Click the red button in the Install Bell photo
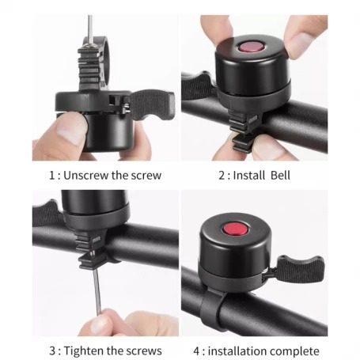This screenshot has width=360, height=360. point(251,47)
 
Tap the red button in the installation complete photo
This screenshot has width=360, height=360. point(236,229)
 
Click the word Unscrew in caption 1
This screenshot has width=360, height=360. point(85,176)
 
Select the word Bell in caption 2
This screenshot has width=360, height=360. point(280,176)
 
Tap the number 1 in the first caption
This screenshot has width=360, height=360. point(52,176)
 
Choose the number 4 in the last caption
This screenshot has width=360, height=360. point(197,351)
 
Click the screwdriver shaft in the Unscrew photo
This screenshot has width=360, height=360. point(90,29)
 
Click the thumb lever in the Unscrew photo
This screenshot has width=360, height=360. point(153,105)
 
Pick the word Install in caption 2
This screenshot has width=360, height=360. point(248,176)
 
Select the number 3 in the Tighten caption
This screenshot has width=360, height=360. point(52,351)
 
